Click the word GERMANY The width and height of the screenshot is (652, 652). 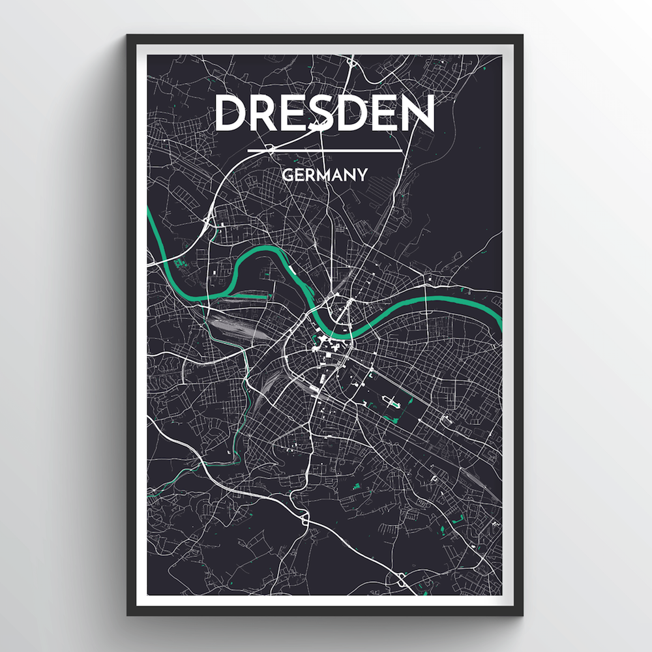pyautogui.click(x=324, y=175)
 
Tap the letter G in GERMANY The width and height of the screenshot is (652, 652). pyautogui.click(x=287, y=175)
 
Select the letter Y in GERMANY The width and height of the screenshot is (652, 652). pyautogui.click(x=361, y=175)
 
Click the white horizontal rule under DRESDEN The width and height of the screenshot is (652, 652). pyautogui.click(x=324, y=151)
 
